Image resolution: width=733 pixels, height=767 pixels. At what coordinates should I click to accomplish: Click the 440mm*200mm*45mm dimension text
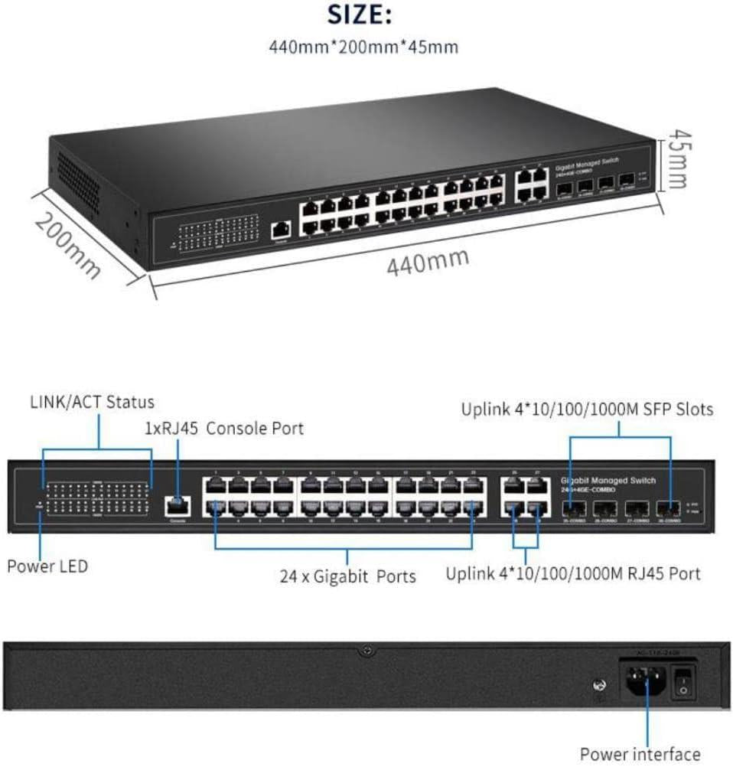(364, 47)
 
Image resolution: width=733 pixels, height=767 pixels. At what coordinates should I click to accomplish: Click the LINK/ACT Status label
(92, 402)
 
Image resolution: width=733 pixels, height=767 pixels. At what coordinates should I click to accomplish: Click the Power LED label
(47, 566)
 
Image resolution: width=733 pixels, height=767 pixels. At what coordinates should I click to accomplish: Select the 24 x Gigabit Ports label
(347, 576)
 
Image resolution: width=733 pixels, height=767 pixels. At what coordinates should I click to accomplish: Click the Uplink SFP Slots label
(587, 410)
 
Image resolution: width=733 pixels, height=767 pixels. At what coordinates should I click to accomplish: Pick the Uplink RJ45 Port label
(573, 573)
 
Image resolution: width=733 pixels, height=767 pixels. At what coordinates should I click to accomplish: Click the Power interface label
(640, 754)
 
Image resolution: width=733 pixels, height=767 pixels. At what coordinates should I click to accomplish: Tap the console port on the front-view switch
(177, 504)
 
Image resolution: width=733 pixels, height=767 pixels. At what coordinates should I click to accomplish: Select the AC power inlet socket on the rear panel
(644, 681)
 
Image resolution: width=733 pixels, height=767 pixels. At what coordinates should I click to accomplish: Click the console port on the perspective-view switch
(281, 229)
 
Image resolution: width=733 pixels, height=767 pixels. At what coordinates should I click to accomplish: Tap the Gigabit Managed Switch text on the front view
(608, 480)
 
